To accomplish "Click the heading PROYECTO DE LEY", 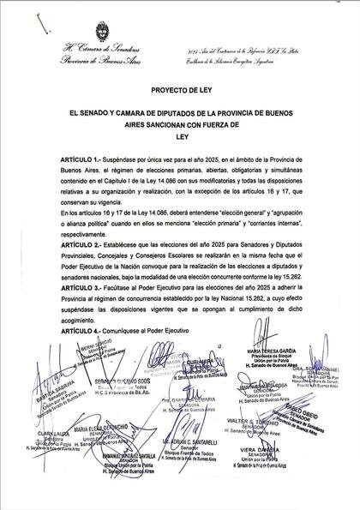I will (180, 87).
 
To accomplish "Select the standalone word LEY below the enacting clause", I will (180, 135).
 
